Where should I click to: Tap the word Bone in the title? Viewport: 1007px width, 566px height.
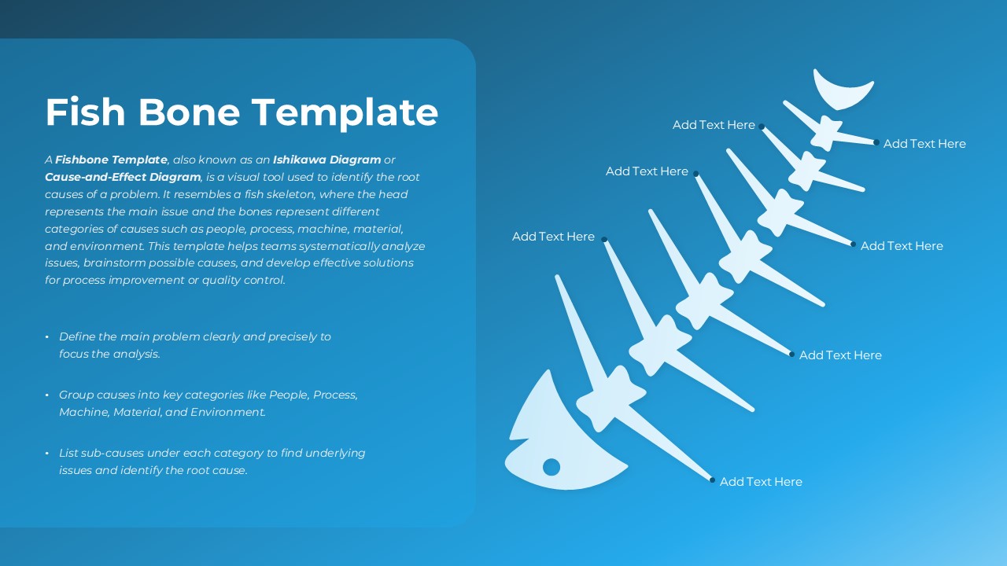[190, 112]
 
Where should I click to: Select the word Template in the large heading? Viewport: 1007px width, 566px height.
[345, 114]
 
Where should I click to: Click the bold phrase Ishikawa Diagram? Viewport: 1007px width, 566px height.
[326, 160]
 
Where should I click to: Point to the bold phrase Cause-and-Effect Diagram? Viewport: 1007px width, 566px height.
[123, 177]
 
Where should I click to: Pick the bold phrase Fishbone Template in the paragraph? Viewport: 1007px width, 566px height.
[111, 160]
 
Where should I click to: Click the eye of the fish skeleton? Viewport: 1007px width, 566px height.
[551, 467]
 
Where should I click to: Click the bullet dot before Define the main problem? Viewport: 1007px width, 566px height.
[47, 337]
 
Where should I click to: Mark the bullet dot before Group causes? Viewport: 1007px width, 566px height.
[47, 395]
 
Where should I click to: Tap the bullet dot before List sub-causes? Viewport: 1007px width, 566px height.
[47, 454]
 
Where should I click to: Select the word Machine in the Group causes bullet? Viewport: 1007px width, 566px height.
[84, 412]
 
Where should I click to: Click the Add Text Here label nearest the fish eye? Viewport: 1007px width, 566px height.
[761, 482]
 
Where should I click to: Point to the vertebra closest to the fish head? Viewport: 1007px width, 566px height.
[610, 399]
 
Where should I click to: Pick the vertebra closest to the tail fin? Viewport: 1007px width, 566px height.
[827, 133]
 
